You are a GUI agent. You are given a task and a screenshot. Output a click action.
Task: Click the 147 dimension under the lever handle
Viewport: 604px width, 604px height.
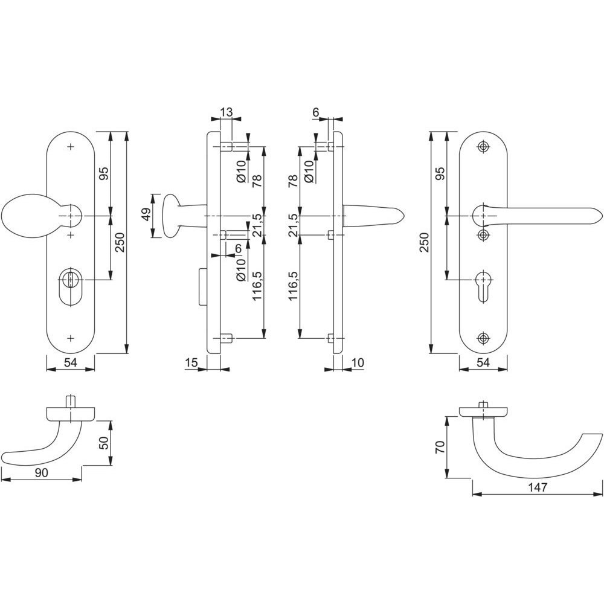538,487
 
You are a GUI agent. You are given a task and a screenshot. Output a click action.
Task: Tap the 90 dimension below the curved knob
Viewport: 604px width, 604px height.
42,473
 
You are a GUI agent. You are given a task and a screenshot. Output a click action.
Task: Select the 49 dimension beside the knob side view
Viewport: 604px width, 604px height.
146,216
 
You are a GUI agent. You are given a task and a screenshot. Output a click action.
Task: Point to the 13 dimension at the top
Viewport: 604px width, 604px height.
226,112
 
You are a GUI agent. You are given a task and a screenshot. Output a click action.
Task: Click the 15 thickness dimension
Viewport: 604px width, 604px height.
191,362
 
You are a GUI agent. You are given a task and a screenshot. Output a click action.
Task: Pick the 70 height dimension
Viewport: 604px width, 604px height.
440,447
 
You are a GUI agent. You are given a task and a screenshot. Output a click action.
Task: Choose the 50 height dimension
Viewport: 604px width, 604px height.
104,443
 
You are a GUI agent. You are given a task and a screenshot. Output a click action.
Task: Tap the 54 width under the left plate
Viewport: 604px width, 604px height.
71,362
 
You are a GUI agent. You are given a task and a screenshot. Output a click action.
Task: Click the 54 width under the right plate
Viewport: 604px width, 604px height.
483,362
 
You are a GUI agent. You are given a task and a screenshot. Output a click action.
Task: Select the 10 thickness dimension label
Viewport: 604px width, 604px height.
358,362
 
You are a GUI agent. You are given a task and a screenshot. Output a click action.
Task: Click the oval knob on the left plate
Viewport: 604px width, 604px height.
25,216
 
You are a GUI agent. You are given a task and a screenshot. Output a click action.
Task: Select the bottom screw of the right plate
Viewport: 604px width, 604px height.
483,338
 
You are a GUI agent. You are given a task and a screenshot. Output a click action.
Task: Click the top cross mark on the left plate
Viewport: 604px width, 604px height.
70,147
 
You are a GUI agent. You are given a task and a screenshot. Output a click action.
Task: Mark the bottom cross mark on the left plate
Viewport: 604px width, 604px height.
70,338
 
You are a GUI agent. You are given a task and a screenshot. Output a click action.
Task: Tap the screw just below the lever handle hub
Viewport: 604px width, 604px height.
483,234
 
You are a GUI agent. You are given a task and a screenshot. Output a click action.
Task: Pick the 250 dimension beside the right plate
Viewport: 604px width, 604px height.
424,242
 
